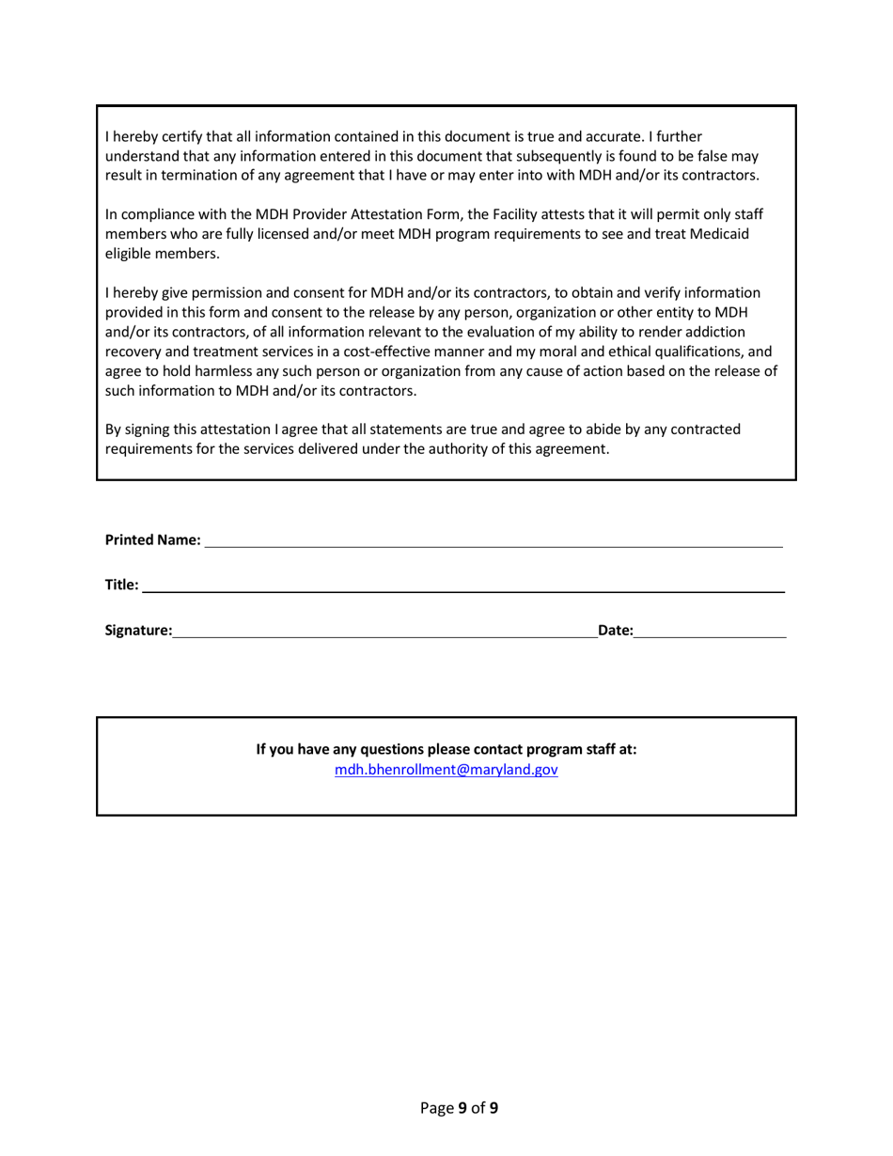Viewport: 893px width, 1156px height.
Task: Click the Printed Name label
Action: click(152, 540)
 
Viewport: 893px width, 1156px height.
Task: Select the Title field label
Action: click(121, 586)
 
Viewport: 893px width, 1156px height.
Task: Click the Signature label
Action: click(138, 632)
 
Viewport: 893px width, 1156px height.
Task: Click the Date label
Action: click(616, 632)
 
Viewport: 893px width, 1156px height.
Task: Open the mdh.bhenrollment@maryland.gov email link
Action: click(446, 770)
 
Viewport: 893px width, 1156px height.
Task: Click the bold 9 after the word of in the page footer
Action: click(493, 1108)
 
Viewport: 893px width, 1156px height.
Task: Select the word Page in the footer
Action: click(436, 1108)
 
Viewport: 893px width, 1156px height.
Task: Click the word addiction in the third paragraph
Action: click(714, 332)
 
